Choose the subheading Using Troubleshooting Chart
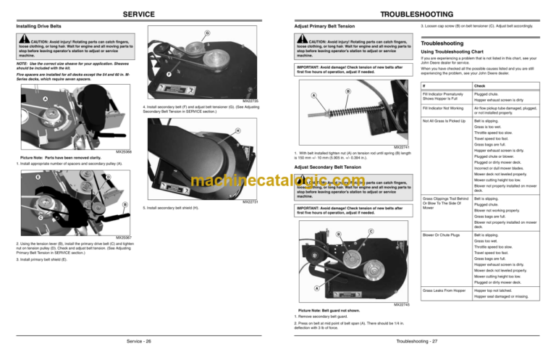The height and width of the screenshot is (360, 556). click(x=456, y=53)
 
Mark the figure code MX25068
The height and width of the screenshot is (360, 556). click(x=124, y=152)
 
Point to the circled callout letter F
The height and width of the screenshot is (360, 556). click(x=168, y=74)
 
